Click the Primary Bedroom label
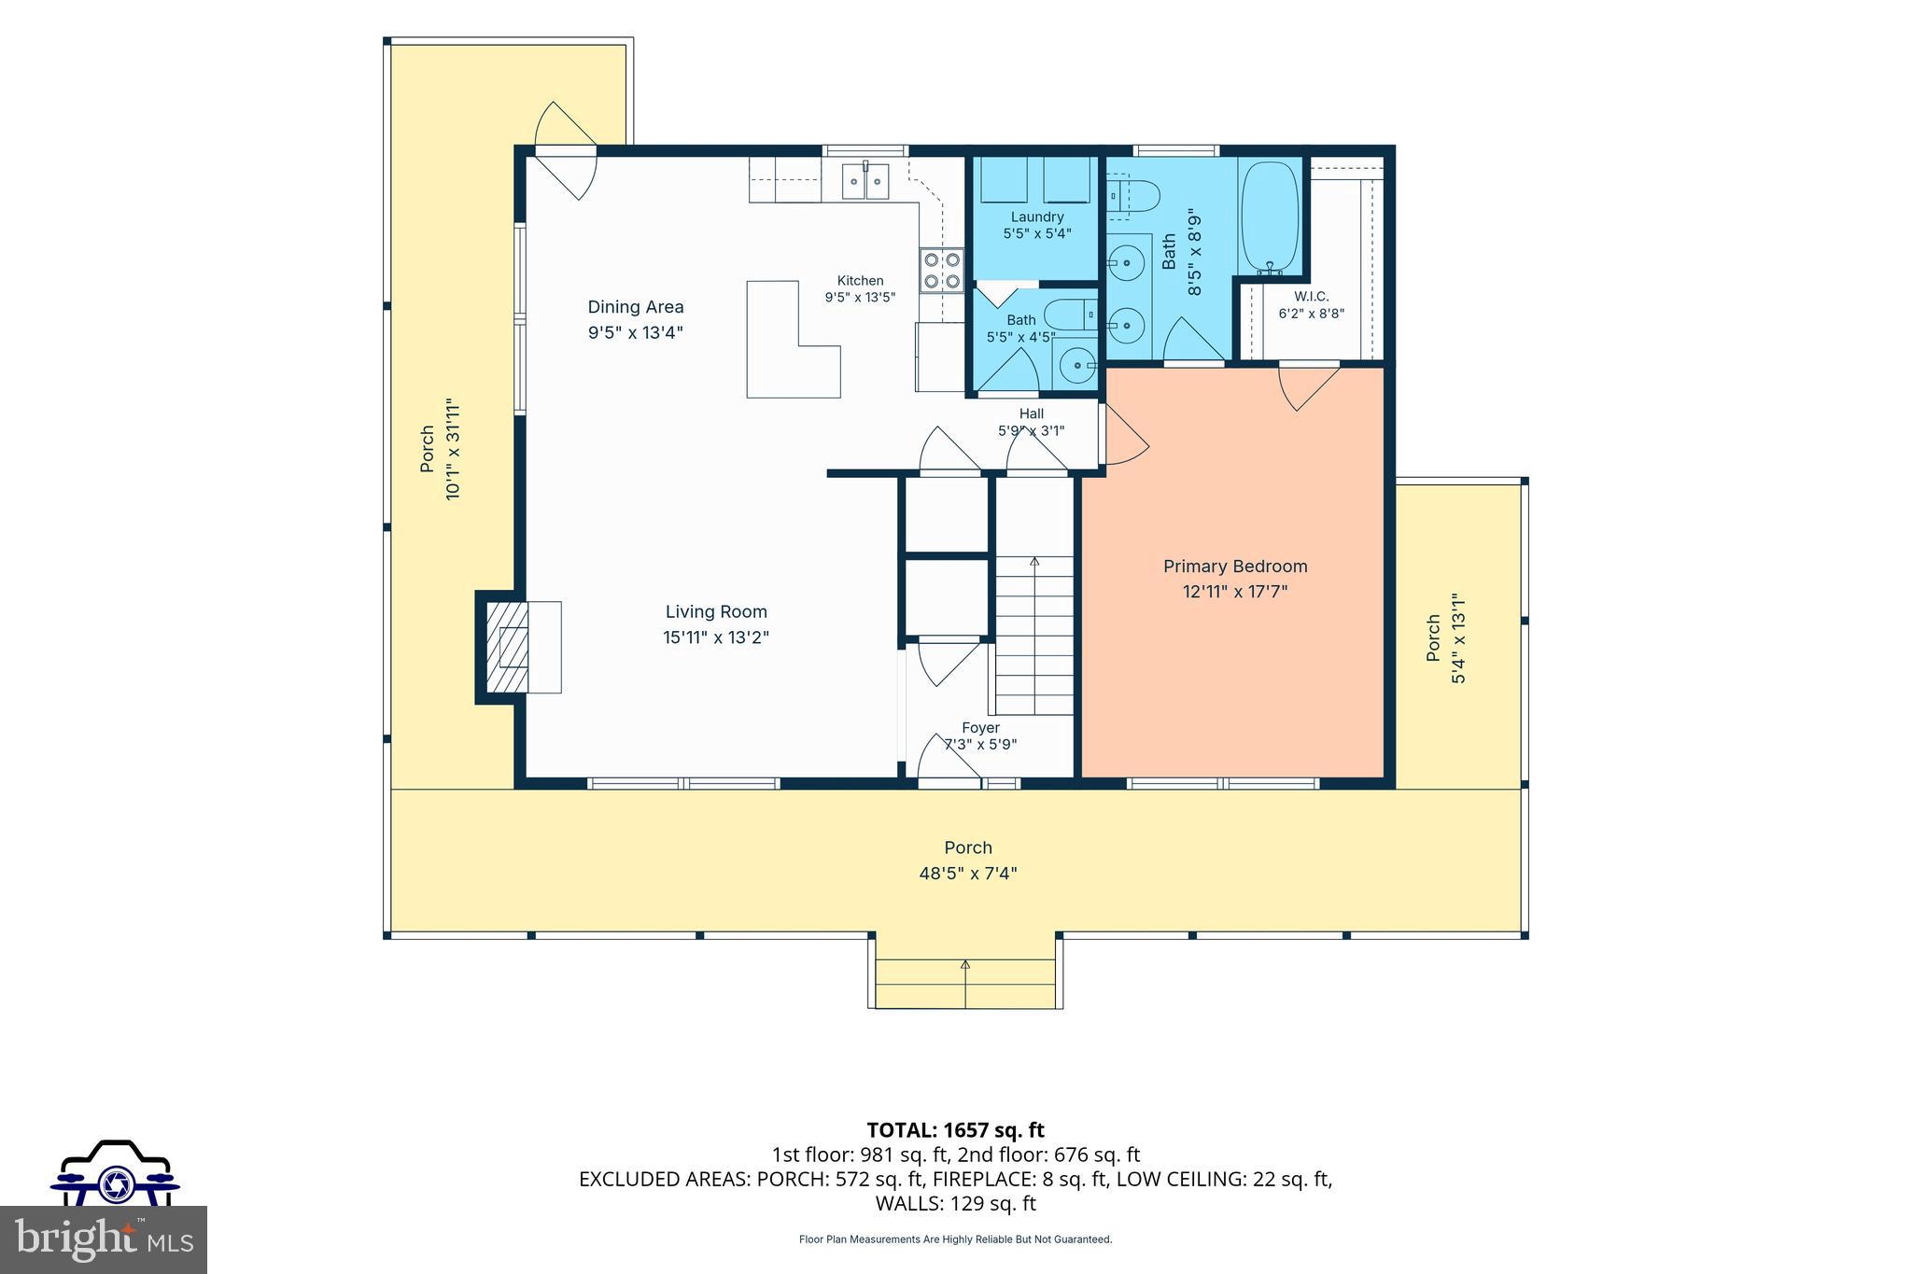click(1235, 567)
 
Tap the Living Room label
click(716, 612)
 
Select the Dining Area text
click(636, 307)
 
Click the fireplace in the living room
click(520, 647)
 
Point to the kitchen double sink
click(214, 182)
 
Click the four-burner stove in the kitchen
click(941, 271)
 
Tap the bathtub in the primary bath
click(1270, 217)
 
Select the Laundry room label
click(1037, 217)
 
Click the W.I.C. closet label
click(1312, 297)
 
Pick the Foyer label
click(980, 728)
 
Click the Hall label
click(1032, 413)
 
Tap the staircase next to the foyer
click(1034, 636)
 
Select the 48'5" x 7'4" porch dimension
click(968, 874)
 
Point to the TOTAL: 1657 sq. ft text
click(955, 1130)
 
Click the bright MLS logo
click(104, 1239)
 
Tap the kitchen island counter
click(793, 340)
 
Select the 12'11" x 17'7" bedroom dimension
click(1235, 591)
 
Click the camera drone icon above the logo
click(115, 1172)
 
